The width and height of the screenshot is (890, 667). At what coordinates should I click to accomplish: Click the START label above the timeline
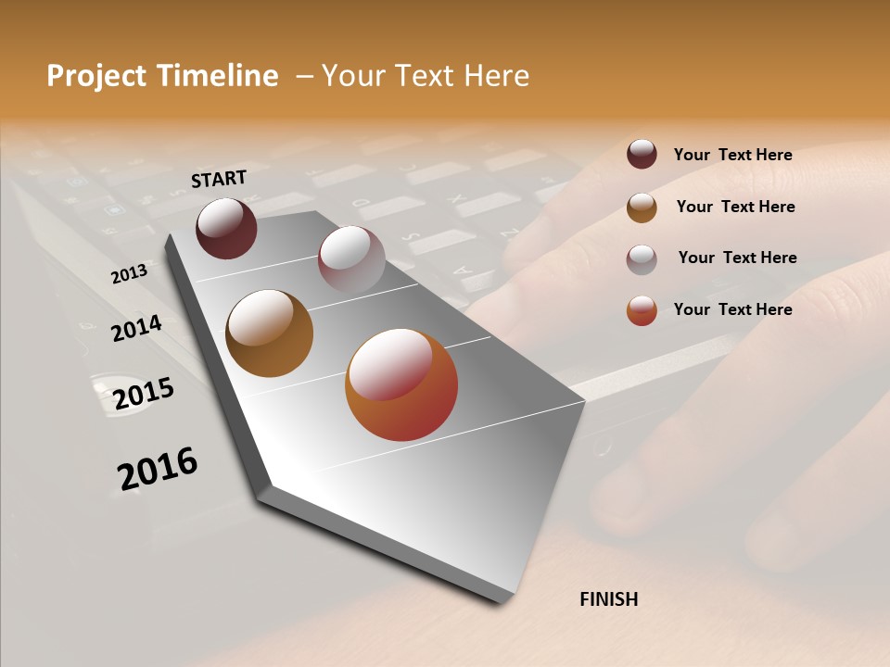pos(219,179)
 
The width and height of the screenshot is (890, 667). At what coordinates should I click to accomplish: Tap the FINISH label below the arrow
pos(608,599)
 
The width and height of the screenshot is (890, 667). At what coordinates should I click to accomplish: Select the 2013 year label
pos(129,274)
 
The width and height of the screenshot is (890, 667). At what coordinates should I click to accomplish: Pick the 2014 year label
pos(136,328)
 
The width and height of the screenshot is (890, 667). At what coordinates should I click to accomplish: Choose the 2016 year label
pos(158,469)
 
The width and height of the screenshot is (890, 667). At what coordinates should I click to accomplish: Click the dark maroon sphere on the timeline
pos(226,228)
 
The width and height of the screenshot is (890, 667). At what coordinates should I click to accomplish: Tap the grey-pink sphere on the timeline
pos(351,259)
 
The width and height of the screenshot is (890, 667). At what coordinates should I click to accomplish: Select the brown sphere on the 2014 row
pos(269,333)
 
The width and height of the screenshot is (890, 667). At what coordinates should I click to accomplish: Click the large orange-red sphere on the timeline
pos(401,384)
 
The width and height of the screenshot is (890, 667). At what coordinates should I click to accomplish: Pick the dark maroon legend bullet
pos(642,154)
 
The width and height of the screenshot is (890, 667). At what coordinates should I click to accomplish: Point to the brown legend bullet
pos(642,208)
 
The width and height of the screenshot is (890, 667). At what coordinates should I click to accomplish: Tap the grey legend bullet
pos(642,258)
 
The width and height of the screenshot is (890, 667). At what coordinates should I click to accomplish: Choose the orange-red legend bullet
pos(642,310)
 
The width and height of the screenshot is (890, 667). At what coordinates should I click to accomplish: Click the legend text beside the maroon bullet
pos(732,155)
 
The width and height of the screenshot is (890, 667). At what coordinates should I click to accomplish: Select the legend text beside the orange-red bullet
pos(732,309)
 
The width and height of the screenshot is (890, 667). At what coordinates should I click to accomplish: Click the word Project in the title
pos(97,76)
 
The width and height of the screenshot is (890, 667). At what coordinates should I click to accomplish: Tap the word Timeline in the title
pos(217,76)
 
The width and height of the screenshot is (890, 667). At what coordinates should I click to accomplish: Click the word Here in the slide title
pos(496,76)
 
